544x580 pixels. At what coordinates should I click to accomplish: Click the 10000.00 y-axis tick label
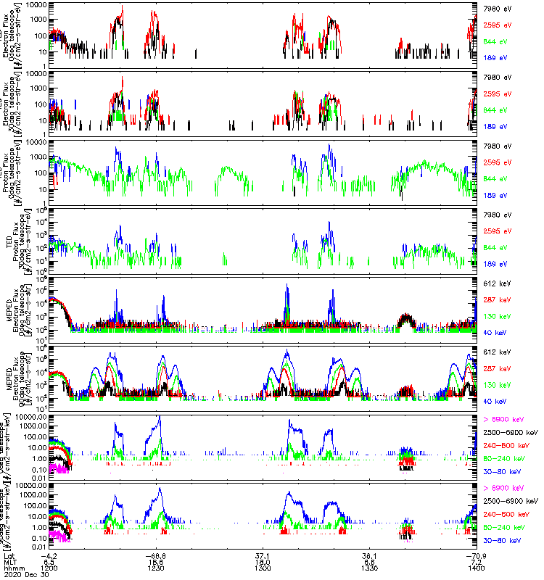click(x=30, y=418)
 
